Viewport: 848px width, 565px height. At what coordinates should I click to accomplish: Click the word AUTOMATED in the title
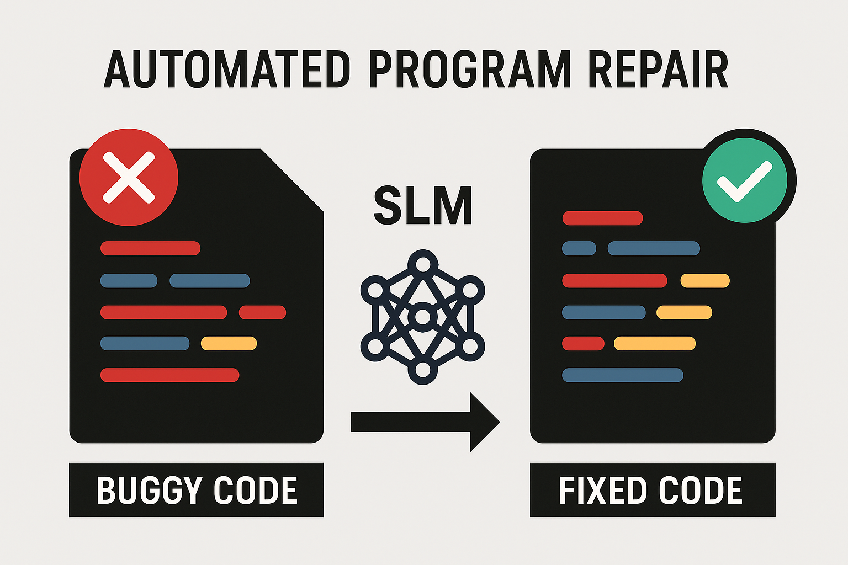click(227, 70)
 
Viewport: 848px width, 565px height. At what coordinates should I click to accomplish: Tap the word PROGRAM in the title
click(469, 70)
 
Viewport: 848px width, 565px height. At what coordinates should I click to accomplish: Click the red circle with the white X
click(129, 177)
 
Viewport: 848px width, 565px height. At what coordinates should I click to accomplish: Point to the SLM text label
click(423, 206)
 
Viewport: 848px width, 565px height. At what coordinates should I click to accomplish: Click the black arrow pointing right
click(425, 422)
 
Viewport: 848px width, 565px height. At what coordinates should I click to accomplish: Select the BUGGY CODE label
click(196, 490)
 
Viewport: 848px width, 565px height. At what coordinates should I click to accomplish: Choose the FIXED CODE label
click(652, 490)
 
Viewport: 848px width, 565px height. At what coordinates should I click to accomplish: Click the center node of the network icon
click(422, 317)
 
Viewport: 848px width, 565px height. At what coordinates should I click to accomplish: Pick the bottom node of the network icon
click(422, 370)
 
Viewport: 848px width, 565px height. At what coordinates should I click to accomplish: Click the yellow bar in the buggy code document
click(229, 344)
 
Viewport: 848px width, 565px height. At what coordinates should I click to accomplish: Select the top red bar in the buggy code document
click(150, 248)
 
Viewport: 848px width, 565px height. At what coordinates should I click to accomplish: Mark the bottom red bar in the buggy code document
click(169, 375)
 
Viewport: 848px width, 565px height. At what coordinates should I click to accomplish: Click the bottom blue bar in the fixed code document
click(622, 375)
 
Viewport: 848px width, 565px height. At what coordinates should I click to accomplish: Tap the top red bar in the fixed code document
click(602, 218)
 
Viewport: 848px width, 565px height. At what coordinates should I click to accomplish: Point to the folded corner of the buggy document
click(293, 179)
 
